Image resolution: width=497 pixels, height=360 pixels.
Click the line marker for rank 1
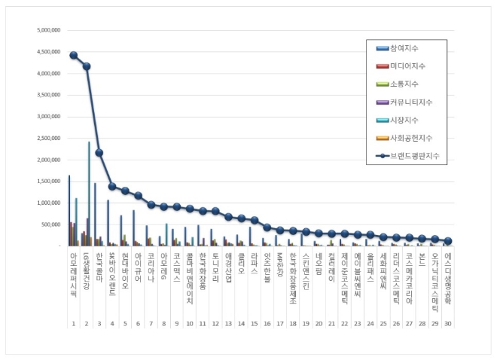pyautogui.click(x=74, y=55)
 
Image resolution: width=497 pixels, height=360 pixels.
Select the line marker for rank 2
pyautogui.click(x=87, y=66)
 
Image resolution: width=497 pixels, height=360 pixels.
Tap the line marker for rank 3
pyautogui.click(x=99, y=153)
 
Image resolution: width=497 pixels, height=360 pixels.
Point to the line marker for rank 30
pyautogui.click(x=447, y=241)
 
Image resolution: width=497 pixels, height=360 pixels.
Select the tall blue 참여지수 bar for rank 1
pyautogui.click(x=69, y=211)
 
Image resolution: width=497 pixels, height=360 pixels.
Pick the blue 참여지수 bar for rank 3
pyautogui.click(x=95, y=215)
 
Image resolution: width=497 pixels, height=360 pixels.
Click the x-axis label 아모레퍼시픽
pyautogui.click(x=73, y=274)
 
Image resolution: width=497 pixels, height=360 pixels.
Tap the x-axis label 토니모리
pyautogui.click(x=215, y=267)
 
